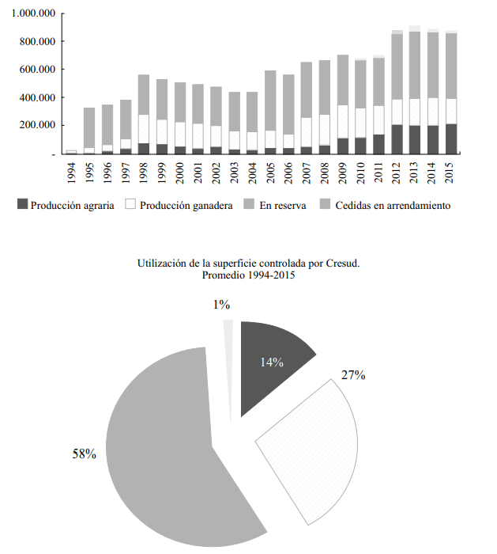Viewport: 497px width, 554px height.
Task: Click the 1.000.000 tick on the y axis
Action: [33, 13]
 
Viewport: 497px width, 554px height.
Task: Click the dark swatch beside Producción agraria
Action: [22, 206]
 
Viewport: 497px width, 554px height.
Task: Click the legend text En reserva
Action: [277, 206]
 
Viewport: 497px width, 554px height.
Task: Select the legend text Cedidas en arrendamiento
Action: [393, 206]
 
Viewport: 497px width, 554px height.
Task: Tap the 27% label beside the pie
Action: [352, 375]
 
